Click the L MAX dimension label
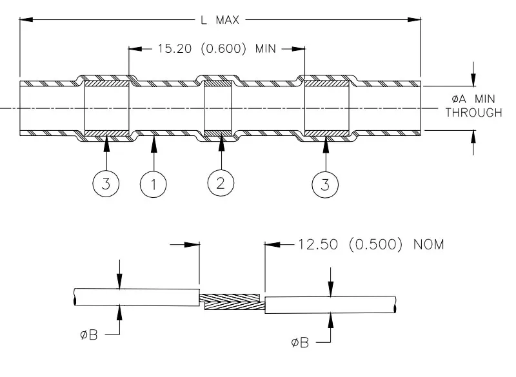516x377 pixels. click(220, 20)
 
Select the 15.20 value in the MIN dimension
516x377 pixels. click(174, 48)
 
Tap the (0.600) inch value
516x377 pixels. click(223, 49)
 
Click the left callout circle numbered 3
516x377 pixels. click(106, 184)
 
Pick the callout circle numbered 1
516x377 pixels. click(154, 184)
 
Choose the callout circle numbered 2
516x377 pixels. click(221, 183)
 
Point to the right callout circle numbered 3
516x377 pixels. click(325, 184)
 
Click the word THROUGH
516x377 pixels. click(474, 113)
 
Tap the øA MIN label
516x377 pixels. click(473, 99)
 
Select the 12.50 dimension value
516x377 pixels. click(318, 244)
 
